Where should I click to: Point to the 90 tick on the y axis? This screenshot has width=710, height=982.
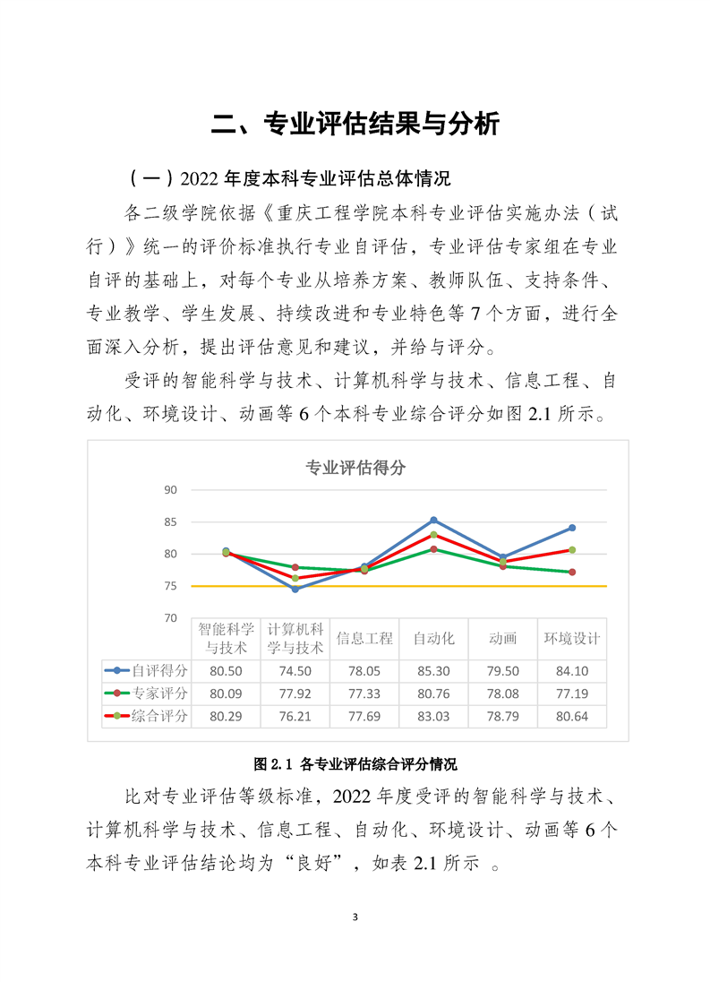point(171,490)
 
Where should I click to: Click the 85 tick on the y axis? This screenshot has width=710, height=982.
point(171,522)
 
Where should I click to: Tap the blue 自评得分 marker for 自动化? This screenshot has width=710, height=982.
point(433,520)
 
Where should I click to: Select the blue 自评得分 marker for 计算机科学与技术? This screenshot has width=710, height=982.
point(295,589)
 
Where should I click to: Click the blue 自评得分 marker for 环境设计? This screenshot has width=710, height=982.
point(572,528)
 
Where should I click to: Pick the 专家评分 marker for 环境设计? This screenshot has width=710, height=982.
point(572,572)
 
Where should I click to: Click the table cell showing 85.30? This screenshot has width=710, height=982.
point(433,671)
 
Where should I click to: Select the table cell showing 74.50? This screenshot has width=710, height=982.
point(295,671)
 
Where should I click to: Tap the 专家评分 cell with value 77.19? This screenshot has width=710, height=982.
point(572,693)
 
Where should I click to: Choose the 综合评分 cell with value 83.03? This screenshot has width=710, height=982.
point(433,716)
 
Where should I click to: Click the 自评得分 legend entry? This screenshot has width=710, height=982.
point(148,670)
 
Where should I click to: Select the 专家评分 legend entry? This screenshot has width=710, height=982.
point(148,693)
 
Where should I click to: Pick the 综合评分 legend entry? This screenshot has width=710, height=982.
point(148,715)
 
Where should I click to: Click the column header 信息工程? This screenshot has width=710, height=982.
point(364,639)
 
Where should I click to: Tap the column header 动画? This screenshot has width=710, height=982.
point(503,639)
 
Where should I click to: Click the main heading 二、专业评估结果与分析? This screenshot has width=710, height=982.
point(355,124)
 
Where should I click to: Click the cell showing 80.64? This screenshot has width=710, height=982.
point(572,716)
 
